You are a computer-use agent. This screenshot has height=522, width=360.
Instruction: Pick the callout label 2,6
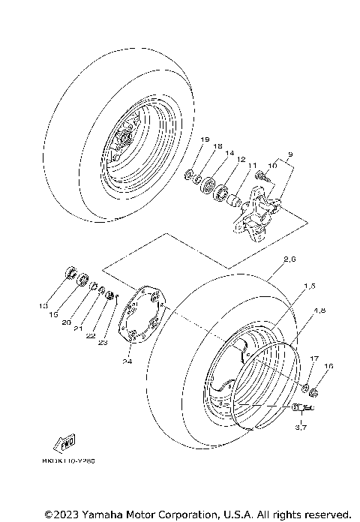click(290, 259)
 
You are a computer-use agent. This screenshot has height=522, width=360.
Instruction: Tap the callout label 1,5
click(310, 286)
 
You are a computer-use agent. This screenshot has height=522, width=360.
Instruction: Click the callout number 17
click(314, 359)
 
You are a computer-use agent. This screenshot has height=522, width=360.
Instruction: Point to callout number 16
click(328, 366)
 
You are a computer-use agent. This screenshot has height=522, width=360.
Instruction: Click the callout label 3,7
click(301, 427)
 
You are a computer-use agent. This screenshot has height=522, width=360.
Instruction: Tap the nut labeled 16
click(314, 391)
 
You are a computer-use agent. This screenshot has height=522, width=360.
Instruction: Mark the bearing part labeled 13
click(69, 271)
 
